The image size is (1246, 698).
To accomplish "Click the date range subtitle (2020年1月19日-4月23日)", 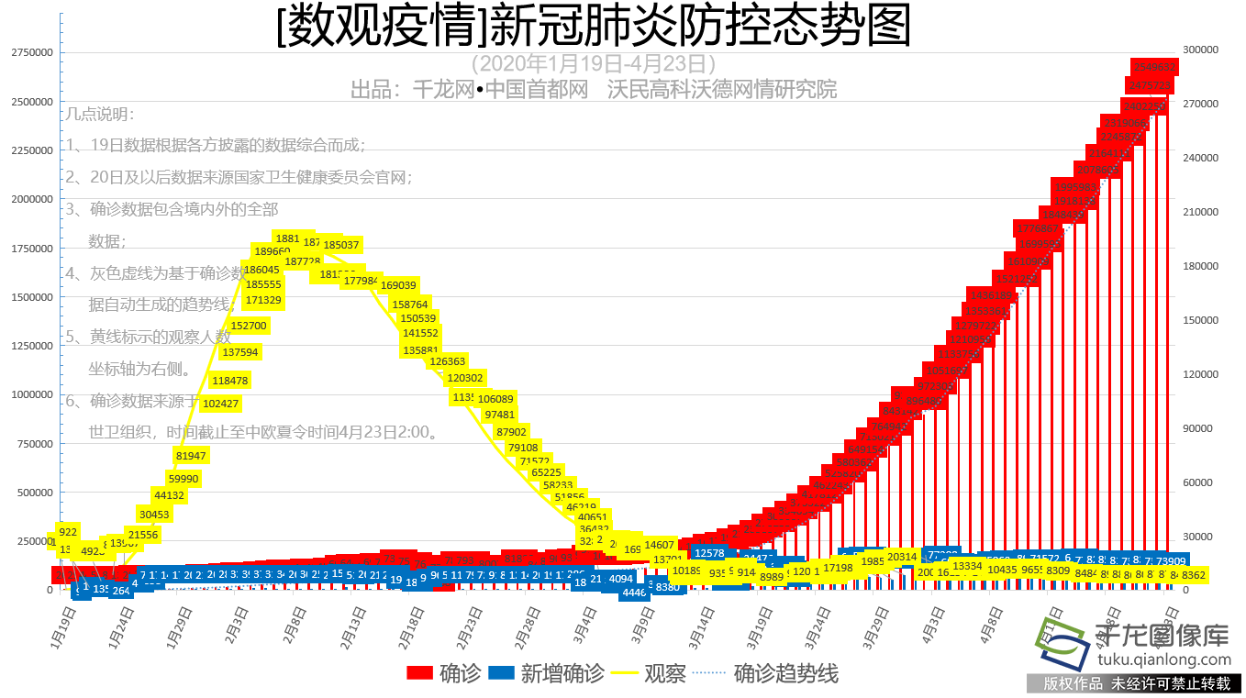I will pos(593,64).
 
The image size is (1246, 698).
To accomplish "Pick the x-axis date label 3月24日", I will pos(819,626).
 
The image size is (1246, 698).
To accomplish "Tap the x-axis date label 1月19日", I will pos(61,626).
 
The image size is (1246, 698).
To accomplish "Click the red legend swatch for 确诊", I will pos(420,674).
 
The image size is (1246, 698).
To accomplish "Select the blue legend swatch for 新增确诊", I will pos(501,674).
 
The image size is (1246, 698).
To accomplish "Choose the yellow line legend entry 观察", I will pos(642,674).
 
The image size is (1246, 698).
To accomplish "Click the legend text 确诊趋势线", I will pos(785,674).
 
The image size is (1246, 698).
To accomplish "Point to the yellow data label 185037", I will pos(341,245).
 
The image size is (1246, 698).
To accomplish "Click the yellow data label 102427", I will pos(221,404).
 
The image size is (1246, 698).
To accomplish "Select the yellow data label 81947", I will pos(191,456).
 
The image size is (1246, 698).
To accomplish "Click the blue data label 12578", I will pos(709,553).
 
